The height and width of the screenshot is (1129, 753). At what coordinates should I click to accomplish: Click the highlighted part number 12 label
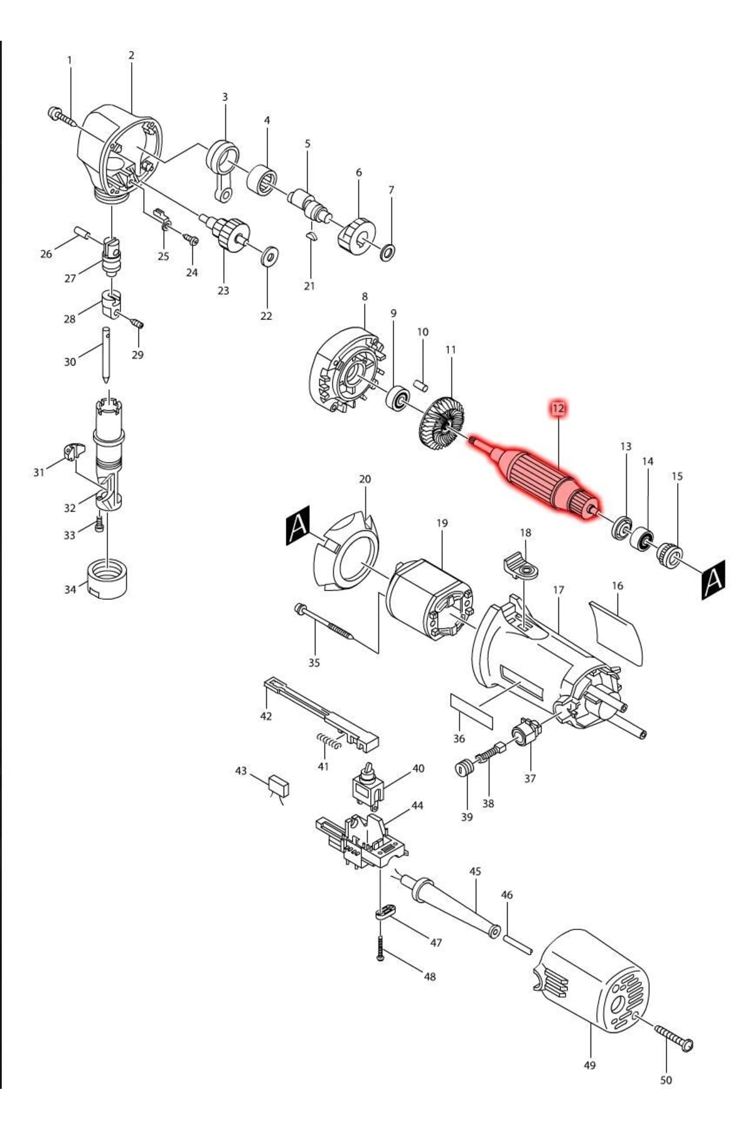[558, 408]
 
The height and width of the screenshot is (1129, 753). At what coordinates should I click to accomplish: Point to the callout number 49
[589, 1065]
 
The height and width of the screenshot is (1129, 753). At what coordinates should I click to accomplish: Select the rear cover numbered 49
[593, 982]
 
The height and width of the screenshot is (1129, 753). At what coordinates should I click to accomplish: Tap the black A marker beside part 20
[298, 524]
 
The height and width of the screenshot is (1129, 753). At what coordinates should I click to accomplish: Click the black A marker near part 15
[713, 580]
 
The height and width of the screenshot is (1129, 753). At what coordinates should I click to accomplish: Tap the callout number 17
[558, 590]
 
